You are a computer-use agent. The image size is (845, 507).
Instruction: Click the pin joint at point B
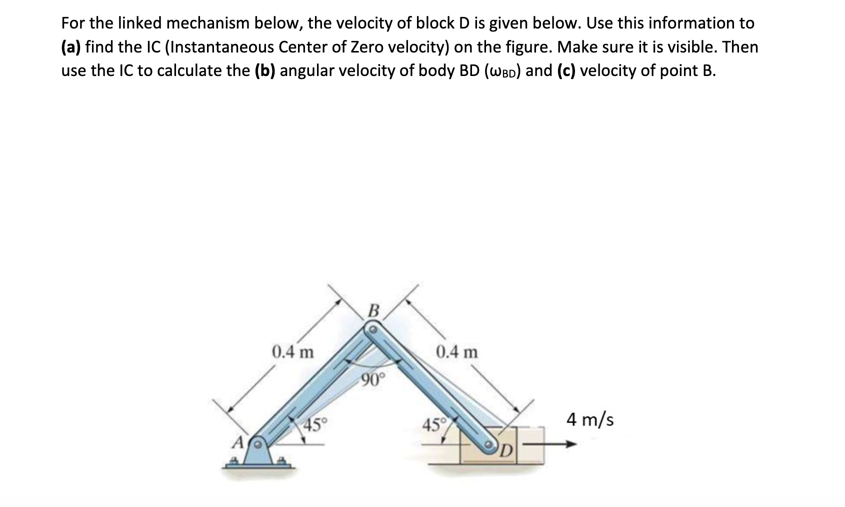point(372,330)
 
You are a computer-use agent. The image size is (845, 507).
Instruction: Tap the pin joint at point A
point(258,444)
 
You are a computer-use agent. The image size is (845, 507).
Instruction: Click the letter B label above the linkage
point(372,310)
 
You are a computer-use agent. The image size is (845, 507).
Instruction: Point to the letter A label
point(239,442)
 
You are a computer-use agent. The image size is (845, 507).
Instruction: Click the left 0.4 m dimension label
point(293,352)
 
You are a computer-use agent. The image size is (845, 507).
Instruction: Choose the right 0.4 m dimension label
point(456,352)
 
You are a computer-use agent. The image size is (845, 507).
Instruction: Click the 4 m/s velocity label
point(590,419)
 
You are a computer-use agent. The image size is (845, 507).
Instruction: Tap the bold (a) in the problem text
point(71,47)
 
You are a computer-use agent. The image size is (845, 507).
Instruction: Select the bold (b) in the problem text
point(265,70)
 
